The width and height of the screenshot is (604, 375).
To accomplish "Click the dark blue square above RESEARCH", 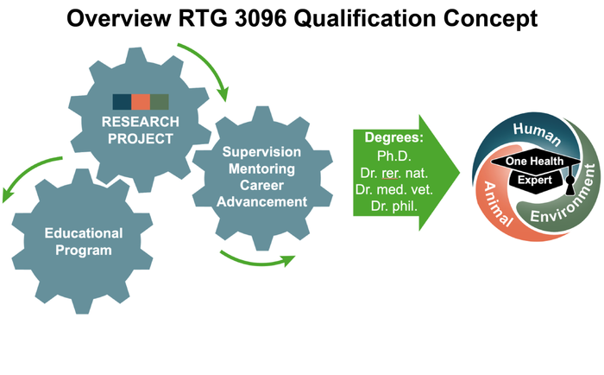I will (x=122, y=101).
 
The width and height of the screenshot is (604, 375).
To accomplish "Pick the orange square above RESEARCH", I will (x=140, y=101).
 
